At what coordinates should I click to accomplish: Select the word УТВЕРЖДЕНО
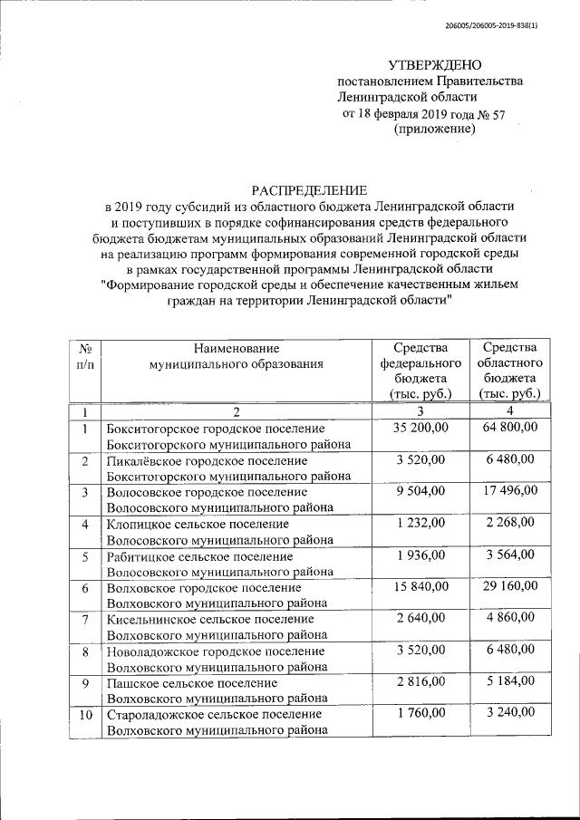tap(435, 64)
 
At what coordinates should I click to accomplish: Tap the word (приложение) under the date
tap(435, 130)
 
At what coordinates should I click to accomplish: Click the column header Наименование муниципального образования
tap(237, 356)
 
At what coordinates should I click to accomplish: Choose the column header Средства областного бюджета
tap(510, 371)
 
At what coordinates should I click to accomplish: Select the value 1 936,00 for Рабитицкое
tap(420, 555)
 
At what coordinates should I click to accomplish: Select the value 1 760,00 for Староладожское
tap(420, 713)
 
